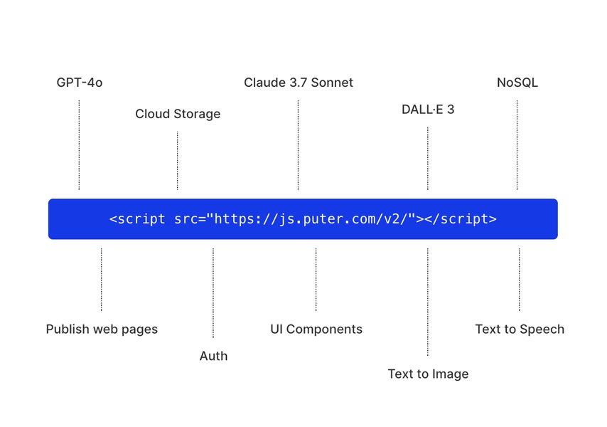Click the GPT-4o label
[x=80, y=83]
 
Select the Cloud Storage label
[x=178, y=114]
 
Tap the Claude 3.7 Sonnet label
[x=299, y=83]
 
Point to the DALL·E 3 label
[x=428, y=110]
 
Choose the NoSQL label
[x=517, y=83]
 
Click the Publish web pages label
[x=102, y=329]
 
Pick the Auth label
[x=213, y=356]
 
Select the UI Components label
[x=316, y=329]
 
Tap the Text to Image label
[x=428, y=374]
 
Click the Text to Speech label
[x=520, y=329]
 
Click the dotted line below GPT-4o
[x=79, y=145]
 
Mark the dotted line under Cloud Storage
[x=178, y=161]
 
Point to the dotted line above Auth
[x=213, y=292]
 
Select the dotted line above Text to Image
[x=428, y=302]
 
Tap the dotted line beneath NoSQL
[x=517, y=145]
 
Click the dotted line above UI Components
[x=316, y=280]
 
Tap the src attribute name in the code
[x=186, y=219]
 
